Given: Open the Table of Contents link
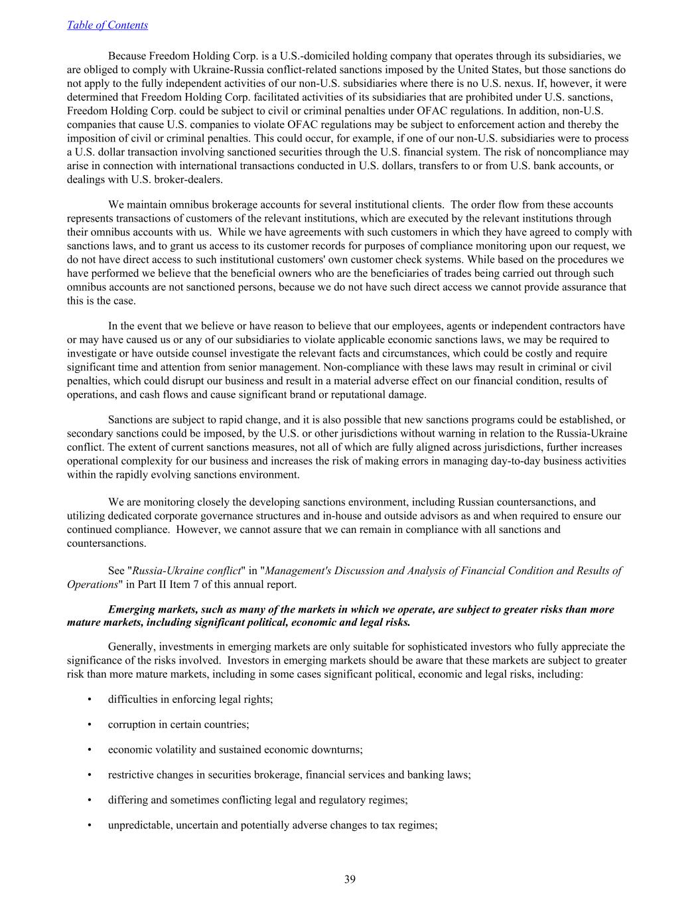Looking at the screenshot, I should tap(107, 25).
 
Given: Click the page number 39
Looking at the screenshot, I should tap(350, 879).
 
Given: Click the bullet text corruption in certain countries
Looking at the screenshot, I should tap(178, 725).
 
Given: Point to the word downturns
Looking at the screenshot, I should tap(336, 750).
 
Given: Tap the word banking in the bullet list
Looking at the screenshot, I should tap(431, 775).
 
